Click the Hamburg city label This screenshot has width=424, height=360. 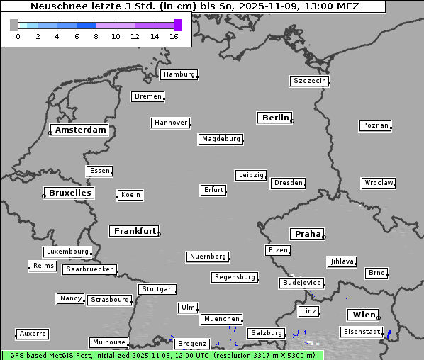coord(179,74)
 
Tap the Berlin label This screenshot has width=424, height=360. coord(275,118)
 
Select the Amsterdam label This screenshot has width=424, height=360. coord(80,130)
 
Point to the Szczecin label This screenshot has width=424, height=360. coord(310,81)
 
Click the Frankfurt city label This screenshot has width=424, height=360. coord(135,231)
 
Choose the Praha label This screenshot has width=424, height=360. coord(308,234)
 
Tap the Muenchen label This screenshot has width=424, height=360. coord(221,319)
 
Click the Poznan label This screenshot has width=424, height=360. coord(375,125)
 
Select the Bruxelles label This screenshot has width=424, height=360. coord(69,193)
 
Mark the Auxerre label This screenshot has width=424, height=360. coord(33,333)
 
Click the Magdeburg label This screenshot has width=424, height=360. coord(221,139)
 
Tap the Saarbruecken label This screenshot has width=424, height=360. coord(89,269)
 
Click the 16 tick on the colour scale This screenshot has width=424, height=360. coord(174,36)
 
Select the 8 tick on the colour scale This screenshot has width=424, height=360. coord(96,36)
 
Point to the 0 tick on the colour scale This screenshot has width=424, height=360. coord(18,36)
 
